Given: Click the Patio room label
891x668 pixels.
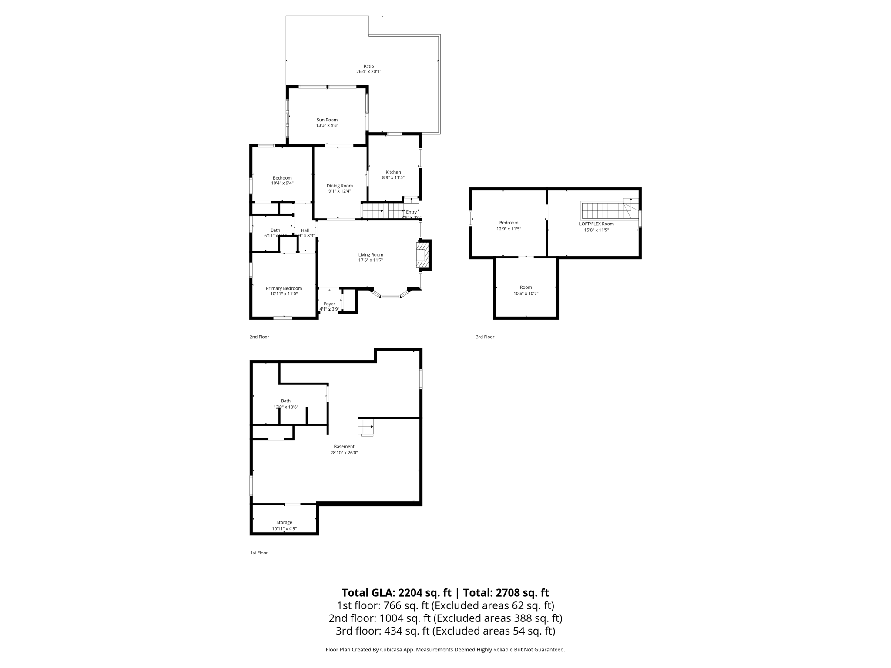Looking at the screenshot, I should pyautogui.click(x=368, y=67).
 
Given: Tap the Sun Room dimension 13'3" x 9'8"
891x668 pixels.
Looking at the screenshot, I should pyautogui.click(x=327, y=125).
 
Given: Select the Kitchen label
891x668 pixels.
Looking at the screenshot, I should pyautogui.click(x=393, y=172).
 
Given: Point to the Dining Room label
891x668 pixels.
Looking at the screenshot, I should pyautogui.click(x=340, y=186).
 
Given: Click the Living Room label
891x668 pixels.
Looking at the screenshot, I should pyautogui.click(x=371, y=255).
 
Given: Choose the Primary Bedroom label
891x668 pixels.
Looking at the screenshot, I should pyautogui.click(x=284, y=288).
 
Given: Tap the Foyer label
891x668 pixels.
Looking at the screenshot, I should pyautogui.click(x=329, y=304).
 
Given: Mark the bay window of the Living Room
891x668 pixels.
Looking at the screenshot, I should pyautogui.click(x=390, y=296).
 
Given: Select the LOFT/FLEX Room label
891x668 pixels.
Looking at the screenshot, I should pyautogui.click(x=596, y=224).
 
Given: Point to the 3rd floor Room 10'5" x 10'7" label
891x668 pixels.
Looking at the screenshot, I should pyautogui.click(x=526, y=287).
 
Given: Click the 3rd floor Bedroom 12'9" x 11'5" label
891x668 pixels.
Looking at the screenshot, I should pyautogui.click(x=509, y=223).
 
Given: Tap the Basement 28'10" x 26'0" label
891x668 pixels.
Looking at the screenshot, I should pyautogui.click(x=344, y=447).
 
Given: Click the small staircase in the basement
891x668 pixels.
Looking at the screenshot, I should pyautogui.click(x=365, y=426).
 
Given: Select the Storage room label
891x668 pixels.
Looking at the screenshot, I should pyautogui.click(x=284, y=522).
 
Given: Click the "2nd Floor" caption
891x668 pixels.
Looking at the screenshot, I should pyautogui.click(x=259, y=337).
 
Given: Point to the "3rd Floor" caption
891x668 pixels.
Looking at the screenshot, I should pyautogui.click(x=485, y=337).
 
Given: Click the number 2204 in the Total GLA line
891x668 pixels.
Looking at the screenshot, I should pyautogui.click(x=410, y=593).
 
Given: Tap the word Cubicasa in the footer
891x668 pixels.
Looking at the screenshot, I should pyautogui.click(x=391, y=650).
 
